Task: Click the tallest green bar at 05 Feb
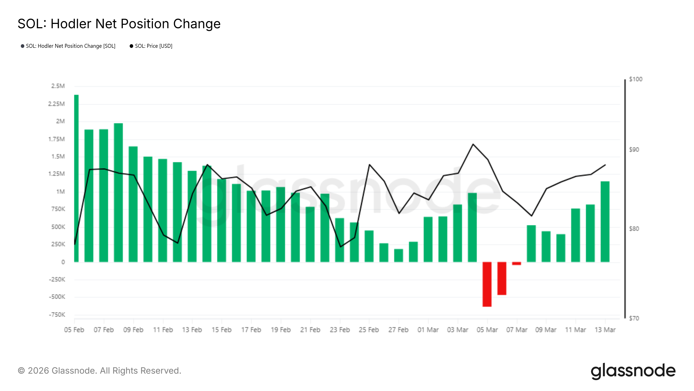[x=76, y=178]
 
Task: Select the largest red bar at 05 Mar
[x=487, y=284]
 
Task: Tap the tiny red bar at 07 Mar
[x=516, y=263]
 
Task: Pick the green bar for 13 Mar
[x=605, y=222]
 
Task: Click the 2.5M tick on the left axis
[x=58, y=86]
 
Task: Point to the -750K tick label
[x=57, y=315]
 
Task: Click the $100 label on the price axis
[x=635, y=79]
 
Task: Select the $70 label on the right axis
[x=634, y=318]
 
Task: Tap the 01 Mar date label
[x=428, y=330]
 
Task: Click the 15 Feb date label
[x=221, y=330]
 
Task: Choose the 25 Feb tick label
[x=368, y=330]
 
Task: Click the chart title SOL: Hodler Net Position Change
[x=119, y=24]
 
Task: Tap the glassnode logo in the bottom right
[x=633, y=371]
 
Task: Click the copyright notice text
[x=99, y=371]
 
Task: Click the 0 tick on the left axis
[x=63, y=262]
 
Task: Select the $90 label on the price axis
[x=634, y=149]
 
